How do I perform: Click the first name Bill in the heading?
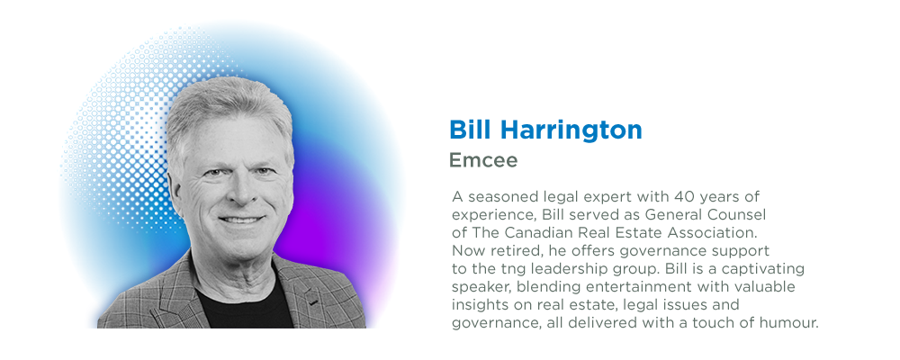tap(470, 130)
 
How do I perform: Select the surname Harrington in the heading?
tap(571, 130)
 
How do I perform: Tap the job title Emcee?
tap(483, 160)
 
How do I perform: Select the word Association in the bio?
tap(707, 232)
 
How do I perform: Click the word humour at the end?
tap(788, 323)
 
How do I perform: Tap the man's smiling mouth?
tap(241, 220)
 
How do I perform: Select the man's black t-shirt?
tap(244, 305)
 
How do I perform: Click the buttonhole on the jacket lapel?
tap(313, 301)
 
